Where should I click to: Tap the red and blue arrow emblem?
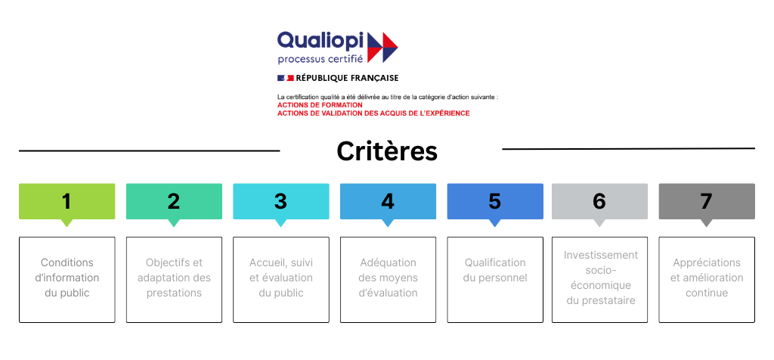382,47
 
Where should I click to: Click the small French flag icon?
285,78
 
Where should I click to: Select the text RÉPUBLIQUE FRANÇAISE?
347,78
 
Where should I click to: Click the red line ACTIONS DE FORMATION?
320,105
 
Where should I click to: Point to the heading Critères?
387,151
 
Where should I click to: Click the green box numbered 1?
67,201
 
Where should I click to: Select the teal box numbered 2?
174,201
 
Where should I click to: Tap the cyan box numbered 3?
281,201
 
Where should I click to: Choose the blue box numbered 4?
388,201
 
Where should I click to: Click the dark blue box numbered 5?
495,201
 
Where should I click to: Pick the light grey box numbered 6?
599,201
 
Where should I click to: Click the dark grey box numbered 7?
707,201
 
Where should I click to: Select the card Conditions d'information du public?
67,280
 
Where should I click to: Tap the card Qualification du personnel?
495,280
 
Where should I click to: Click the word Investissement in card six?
601,256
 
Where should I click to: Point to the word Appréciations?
707,262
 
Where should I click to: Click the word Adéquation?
388,262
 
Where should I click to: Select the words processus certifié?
320,59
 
